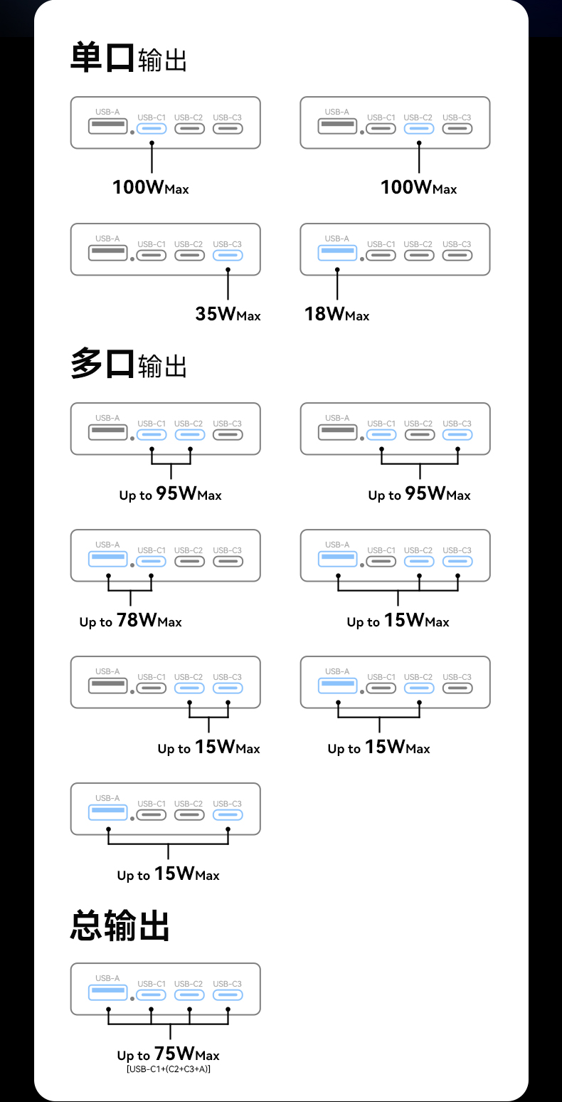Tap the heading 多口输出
128,364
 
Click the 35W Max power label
228,313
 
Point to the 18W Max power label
336,313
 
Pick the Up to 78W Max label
130,621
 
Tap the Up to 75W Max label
168,1054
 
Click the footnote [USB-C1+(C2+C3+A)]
168,1069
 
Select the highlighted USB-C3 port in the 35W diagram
228,255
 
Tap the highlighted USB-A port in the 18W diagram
337,251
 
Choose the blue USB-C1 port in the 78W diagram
152,561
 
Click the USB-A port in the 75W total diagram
108,991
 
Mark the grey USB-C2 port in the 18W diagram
419,255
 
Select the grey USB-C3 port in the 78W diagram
228,561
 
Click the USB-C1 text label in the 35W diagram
152,244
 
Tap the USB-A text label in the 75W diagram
108,978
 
